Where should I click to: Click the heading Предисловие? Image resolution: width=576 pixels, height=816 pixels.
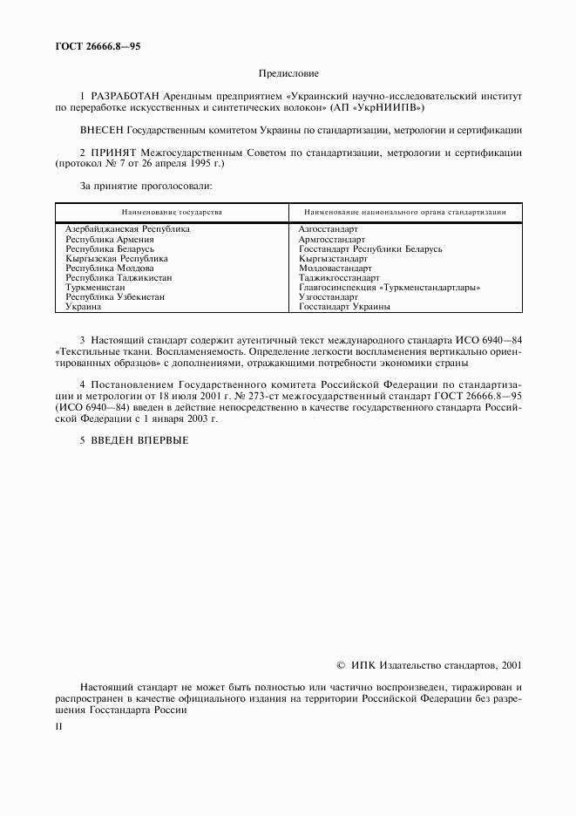click(x=288, y=74)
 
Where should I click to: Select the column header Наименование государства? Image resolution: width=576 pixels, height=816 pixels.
click(x=172, y=212)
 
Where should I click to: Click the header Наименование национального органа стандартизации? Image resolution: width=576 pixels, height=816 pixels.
click(x=405, y=212)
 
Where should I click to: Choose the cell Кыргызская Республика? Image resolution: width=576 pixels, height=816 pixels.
click(x=117, y=259)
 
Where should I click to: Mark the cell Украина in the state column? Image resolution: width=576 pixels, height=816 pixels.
click(x=84, y=307)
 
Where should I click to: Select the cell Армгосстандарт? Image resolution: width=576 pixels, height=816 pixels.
click(x=332, y=239)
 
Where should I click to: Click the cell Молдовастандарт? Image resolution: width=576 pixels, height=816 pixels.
click(x=335, y=269)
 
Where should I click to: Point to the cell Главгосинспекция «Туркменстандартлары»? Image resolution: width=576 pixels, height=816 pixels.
click(x=390, y=288)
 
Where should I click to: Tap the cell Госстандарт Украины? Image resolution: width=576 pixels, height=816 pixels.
click(x=344, y=307)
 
